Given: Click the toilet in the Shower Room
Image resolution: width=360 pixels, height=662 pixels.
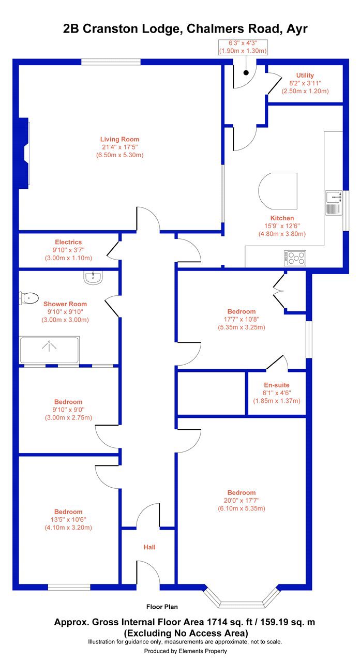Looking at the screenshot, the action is (x=28, y=298).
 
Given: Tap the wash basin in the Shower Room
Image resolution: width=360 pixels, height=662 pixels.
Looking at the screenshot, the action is (x=93, y=278).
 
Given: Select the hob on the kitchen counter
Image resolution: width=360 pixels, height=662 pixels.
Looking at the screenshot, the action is (x=295, y=258).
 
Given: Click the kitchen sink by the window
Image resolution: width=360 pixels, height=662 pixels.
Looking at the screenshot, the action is (x=334, y=203).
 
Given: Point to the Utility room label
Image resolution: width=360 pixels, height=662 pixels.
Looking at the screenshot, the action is (x=305, y=76).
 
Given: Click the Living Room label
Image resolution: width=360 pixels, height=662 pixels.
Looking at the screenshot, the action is (x=119, y=139).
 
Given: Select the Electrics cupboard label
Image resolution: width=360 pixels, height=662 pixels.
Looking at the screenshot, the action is (x=68, y=242).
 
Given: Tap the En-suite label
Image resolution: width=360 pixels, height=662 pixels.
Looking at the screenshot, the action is (x=277, y=385).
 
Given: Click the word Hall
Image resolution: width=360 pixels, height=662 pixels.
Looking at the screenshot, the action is (x=149, y=547).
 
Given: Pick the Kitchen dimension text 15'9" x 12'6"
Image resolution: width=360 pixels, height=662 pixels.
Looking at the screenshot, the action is (x=282, y=226).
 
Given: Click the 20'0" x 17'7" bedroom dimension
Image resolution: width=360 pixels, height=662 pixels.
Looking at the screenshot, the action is (x=242, y=501).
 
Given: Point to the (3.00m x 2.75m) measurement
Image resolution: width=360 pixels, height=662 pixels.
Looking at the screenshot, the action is (x=68, y=417).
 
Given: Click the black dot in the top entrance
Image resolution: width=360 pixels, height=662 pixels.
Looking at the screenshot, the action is (x=246, y=72).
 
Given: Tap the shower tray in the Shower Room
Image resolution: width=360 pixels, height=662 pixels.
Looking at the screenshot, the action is (x=49, y=350).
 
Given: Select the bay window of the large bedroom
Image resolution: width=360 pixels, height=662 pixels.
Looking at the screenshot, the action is (x=242, y=598).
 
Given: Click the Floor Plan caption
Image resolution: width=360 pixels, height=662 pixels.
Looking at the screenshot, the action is (x=162, y=607).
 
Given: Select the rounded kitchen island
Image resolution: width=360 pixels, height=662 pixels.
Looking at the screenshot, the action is (x=278, y=191).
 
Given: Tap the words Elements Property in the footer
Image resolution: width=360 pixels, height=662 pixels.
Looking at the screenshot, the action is (x=203, y=651).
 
